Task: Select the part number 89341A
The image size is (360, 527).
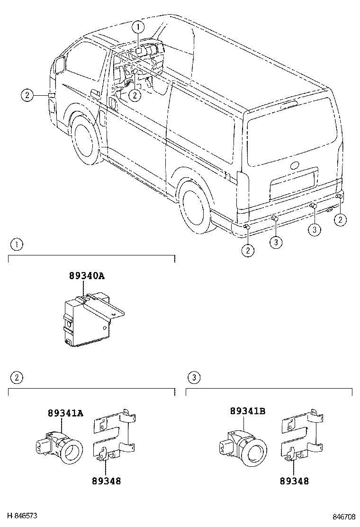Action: tap(65, 413)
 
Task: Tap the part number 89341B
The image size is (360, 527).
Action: tap(247, 411)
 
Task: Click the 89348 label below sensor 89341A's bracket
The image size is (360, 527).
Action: tap(106, 481)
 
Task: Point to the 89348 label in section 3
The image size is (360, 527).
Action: tap(294, 481)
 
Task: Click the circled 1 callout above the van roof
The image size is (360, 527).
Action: tap(137, 27)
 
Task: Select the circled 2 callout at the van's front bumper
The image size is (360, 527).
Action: tap(27, 95)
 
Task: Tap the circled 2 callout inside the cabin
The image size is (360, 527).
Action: tap(135, 95)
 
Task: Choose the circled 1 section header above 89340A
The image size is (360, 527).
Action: tap(17, 245)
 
